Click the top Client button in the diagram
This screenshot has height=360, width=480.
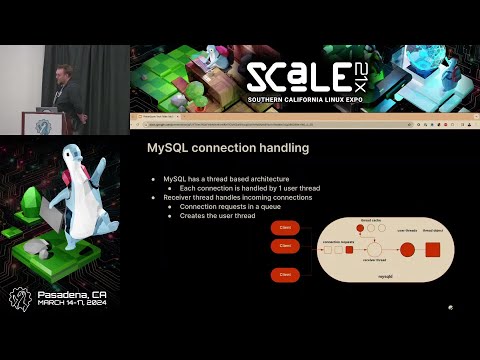(x=285, y=229)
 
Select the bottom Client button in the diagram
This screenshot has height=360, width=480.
(x=285, y=273)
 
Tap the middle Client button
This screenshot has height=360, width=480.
(x=285, y=245)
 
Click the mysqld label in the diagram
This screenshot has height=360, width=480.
(x=386, y=274)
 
